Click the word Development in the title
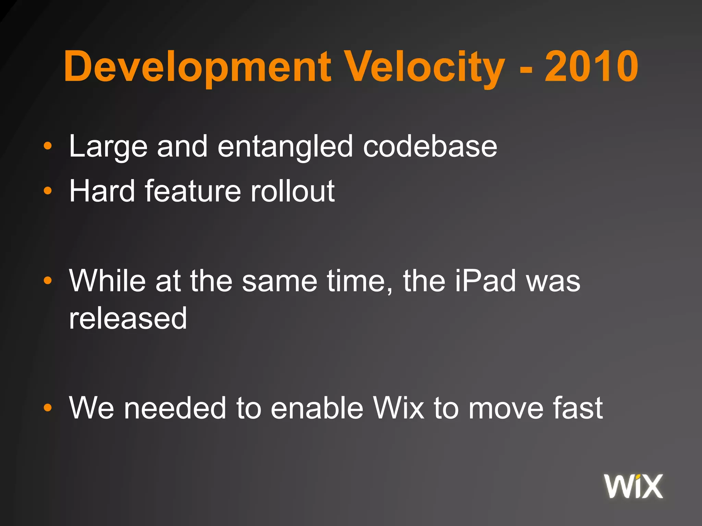pyautogui.click(x=197, y=67)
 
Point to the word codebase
pyautogui.click(x=430, y=147)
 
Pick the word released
pyautogui.click(x=128, y=318)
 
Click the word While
pyautogui.click(x=108, y=281)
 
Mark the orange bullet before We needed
pyautogui.click(x=48, y=408)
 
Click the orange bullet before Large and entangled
pyautogui.click(x=48, y=147)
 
